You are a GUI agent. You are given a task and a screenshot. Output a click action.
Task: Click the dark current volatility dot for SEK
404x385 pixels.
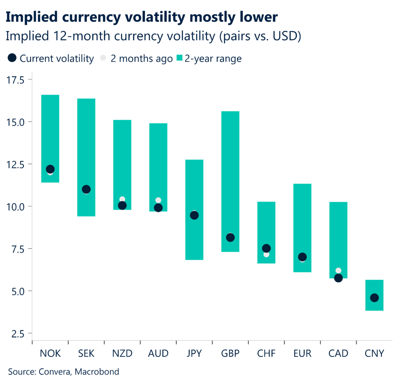(x=86, y=189)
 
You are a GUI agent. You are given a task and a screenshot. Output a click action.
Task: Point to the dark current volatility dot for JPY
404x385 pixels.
(x=194, y=215)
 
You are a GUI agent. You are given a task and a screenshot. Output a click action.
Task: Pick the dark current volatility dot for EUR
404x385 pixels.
(x=303, y=257)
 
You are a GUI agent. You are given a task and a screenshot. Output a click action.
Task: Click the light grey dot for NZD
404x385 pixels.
(x=122, y=199)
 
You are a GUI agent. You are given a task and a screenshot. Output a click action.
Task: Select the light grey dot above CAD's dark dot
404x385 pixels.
(x=339, y=271)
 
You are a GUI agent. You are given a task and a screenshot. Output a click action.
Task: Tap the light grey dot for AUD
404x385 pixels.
(x=158, y=200)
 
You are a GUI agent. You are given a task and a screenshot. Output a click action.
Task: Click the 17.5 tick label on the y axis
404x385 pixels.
(x=15, y=80)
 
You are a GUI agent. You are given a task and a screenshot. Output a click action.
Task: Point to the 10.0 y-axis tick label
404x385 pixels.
(x=15, y=206)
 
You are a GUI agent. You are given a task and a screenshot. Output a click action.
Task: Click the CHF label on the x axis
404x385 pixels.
(x=266, y=353)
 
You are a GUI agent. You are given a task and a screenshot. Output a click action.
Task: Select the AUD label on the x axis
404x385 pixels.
(x=158, y=353)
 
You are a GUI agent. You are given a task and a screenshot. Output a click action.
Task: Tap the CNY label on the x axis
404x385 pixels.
(x=374, y=353)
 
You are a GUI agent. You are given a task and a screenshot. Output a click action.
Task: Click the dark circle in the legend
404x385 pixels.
(x=12, y=59)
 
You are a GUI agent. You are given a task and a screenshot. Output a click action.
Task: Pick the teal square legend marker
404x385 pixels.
(x=180, y=59)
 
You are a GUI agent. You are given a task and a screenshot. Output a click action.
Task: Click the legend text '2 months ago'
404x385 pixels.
(x=141, y=59)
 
